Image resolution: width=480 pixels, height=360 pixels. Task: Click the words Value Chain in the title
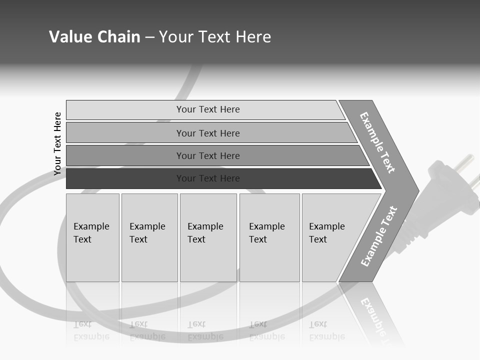tap(94, 37)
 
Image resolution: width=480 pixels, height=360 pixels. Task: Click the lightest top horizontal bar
tap(125, 110)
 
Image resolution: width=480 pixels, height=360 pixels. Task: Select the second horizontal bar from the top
tap(125, 133)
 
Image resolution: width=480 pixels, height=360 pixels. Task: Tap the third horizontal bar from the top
tap(125, 155)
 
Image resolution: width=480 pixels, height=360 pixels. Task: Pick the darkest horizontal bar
tap(125, 178)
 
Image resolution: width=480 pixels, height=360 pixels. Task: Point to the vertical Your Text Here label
tap(58, 143)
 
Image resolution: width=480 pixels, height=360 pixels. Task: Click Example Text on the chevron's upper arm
tap(377, 142)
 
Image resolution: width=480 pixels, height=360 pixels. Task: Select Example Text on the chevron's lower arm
tap(379, 236)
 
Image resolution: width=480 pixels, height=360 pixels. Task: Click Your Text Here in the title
tap(215, 37)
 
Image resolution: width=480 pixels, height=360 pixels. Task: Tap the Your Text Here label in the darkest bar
tap(208, 178)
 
